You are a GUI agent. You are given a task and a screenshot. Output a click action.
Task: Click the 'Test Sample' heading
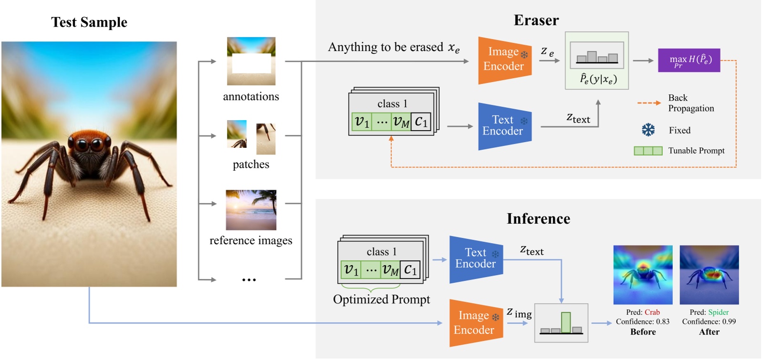(89, 22)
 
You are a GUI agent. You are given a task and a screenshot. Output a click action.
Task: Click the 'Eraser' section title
(536, 20)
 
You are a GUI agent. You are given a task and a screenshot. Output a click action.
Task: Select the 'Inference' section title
(538, 218)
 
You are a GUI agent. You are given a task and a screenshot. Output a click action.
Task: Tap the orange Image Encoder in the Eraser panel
(504, 60)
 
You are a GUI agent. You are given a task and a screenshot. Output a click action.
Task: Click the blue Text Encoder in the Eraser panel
(504, 126)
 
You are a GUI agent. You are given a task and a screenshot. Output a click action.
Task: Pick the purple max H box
(689, 60)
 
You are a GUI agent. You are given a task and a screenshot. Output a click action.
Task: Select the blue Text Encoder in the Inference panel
(475, 258)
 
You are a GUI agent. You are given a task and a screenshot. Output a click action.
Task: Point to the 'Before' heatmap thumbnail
(642, 275)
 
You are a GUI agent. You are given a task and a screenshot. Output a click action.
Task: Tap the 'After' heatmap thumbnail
(709, 275)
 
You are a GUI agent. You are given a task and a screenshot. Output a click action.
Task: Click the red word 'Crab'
(652, 312)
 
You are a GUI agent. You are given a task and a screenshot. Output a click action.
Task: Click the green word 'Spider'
(718, 312)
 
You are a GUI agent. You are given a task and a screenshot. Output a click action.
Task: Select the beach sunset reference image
(251, 210)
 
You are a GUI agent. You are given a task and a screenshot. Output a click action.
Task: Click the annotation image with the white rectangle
(251, 62)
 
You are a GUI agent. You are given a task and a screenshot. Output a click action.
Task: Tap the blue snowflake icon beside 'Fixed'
(648, 130)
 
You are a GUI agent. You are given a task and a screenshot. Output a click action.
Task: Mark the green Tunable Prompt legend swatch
(648, 151)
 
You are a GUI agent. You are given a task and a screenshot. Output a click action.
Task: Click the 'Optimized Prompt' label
(381, 299)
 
